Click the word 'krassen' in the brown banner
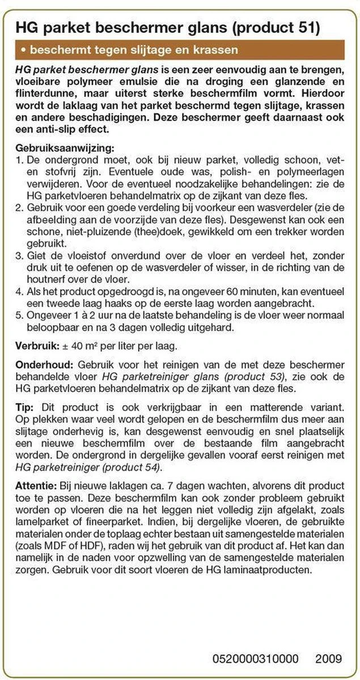(x=218, y=50)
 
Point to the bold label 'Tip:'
(x=25, y=406)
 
